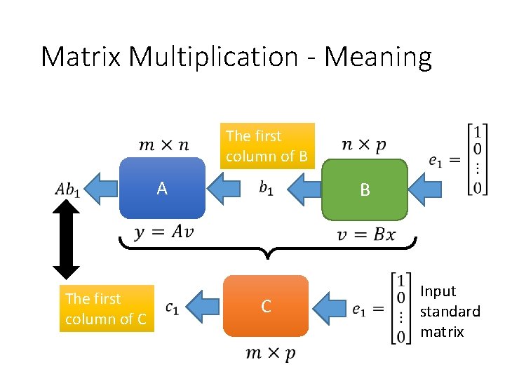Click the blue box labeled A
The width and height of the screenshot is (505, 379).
[x=162, y=188]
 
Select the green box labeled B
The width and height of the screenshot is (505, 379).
[x=364, y=189]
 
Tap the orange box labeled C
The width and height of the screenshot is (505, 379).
[x=266, y=306]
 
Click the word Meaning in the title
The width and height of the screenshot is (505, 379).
[x=378, y=57]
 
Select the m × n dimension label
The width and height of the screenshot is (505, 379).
[x=163, y=145]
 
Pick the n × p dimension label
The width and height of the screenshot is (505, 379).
[x=363, y=145]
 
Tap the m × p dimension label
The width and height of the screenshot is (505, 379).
[x=270, y=353]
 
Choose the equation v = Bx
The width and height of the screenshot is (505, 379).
[x=365, y=234]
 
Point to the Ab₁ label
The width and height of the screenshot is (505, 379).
[x=67, y=189]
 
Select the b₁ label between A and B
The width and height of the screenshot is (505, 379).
[x=266, y=188]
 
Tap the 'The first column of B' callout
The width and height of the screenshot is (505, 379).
[x=267, y=146]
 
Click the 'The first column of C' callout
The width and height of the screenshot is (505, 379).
[x=106, y=309]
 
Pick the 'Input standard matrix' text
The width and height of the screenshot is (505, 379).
[x=450, y=311]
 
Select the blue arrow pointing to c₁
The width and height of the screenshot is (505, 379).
[x=203, y=307]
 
